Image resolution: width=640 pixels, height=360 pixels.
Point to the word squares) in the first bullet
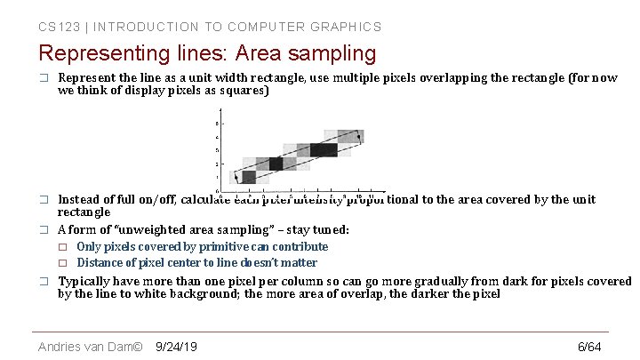click(x=243, y=91)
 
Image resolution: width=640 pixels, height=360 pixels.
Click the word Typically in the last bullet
click(x=85, y=282)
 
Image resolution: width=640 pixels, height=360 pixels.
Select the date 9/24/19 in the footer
click(x=176, y=346)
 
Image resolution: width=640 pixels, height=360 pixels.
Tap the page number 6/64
click(x=589, y=346)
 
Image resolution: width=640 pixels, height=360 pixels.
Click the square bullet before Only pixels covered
click(x=62, y=247)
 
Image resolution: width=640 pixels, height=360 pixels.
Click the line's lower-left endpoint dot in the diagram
click(x=235, y=177)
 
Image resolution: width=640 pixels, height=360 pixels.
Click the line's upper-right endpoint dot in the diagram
click(x=359, y=136)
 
